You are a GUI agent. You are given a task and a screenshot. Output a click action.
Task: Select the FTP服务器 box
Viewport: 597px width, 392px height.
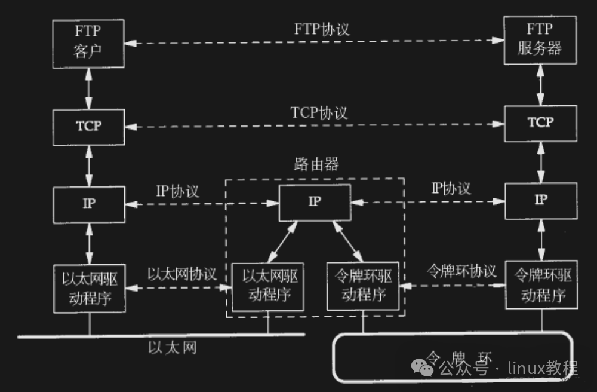coord(540,39)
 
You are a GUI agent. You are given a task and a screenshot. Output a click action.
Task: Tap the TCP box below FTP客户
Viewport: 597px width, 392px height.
coord(89,126)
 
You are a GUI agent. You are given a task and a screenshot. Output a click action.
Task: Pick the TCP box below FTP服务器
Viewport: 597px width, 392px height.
coord(540,123)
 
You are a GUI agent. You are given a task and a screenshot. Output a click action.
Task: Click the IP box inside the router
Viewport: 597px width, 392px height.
coord(315,202)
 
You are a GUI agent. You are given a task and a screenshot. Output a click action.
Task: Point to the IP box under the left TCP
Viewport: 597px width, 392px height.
coord(89,204)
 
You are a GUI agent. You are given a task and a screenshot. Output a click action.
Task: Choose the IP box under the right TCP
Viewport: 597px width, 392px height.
coord(540,201)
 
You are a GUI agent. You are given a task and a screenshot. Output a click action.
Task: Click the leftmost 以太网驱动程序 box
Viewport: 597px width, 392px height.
coord(89,288)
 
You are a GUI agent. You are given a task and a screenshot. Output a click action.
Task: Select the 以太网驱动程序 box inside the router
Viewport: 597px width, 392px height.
coord(268,286)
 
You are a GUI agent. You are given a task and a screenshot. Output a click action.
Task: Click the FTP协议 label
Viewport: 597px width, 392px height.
coord(322,29)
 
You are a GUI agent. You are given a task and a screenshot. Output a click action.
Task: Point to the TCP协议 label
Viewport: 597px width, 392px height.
coord(319,112)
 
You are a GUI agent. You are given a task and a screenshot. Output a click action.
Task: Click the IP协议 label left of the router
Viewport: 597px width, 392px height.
coord(178,191)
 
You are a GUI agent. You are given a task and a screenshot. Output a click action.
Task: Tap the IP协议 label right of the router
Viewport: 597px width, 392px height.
coord(451,189)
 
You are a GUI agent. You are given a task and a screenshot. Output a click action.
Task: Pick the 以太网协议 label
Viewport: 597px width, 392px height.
coord(182,274)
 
